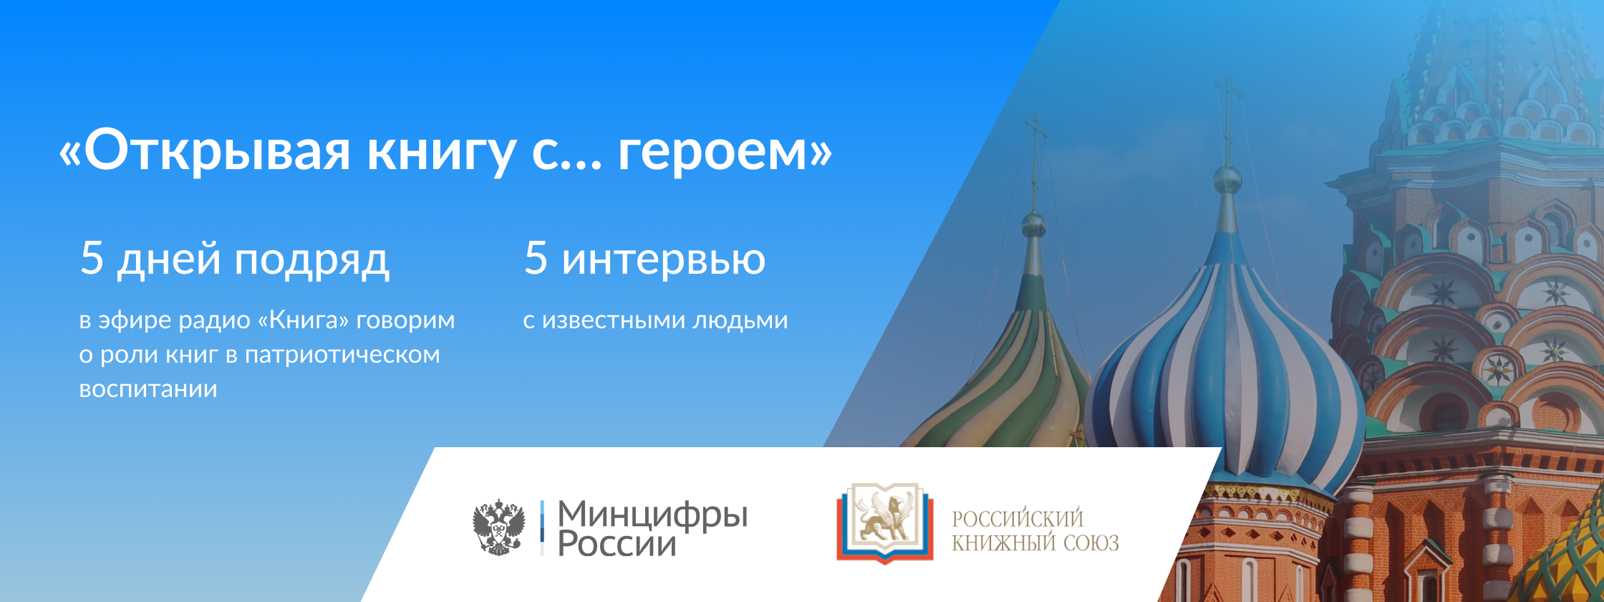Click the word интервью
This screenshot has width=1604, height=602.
[x=663, y=259]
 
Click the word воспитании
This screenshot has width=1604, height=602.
[x=148, y=389]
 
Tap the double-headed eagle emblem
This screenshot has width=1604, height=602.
[x=498, y=528]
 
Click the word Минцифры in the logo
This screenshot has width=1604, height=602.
[x=652, y=515]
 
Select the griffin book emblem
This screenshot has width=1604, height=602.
[x=885, y=522]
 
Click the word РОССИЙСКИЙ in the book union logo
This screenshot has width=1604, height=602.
[x=1018, y=518]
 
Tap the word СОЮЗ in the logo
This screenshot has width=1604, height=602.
[x=1091, y=543]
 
